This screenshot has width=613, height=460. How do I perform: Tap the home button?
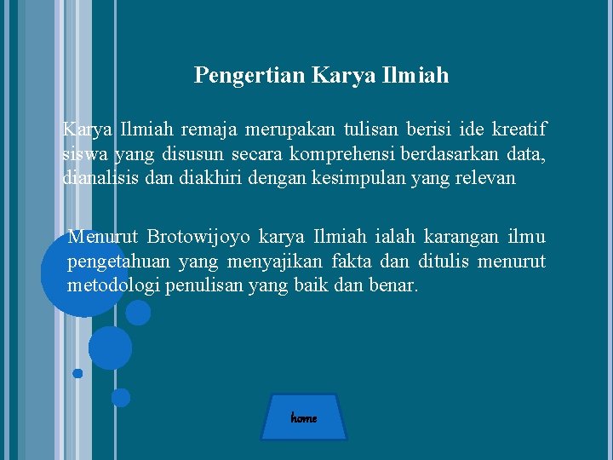(x=304, y=417)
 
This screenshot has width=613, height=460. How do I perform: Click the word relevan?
(x=484, y=178)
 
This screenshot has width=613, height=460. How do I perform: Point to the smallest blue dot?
(x=77, y=373)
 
